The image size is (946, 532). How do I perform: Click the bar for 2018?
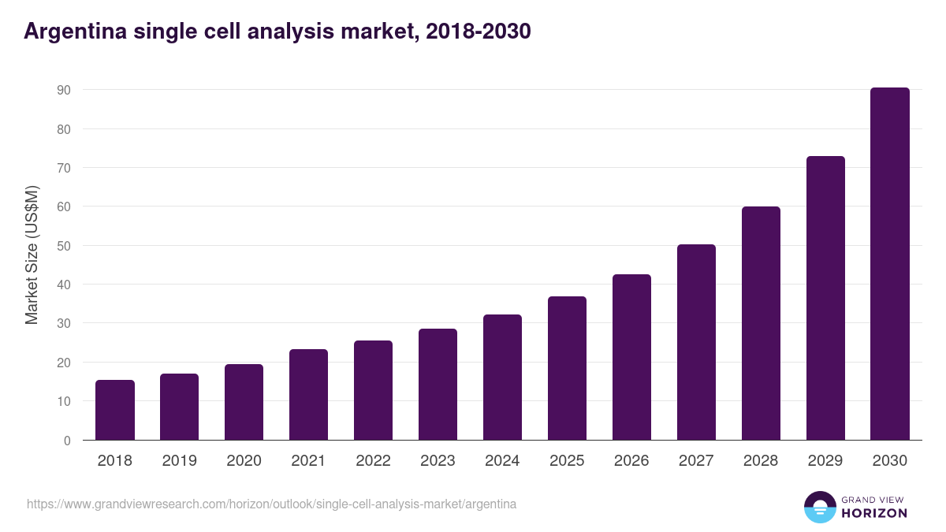click(x=115, y=410)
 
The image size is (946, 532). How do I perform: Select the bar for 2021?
click(x=308, y=394)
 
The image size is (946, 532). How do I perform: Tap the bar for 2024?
click(x=502, y=377)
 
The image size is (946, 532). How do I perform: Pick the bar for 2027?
click(x=696, y=342)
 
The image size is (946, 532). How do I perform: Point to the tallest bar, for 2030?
click(x=890, y=263)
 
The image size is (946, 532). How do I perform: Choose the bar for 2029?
click(x=825, y=298)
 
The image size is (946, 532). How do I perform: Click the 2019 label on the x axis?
click(x=180, y=461)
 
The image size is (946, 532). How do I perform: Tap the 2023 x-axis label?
click(x=438, y=461)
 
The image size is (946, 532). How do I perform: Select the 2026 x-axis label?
click(x=631, y=461)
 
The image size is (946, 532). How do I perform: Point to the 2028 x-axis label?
click(x=761, y=461)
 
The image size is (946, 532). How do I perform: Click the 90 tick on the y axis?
click(x=63, y=90)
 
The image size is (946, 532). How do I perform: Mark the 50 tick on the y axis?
click(x=63, y=246)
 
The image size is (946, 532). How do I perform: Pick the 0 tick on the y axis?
click(x=67, y=441)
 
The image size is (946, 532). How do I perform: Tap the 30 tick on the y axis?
click(x=63, y=323)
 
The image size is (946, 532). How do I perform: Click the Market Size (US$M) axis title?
click(x=32, y=255)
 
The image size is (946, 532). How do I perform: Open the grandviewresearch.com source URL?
click(x=272, y=504)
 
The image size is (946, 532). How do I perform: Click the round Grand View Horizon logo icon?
click(x=819, y=507)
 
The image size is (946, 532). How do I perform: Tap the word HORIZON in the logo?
click(x=874, y=513)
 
